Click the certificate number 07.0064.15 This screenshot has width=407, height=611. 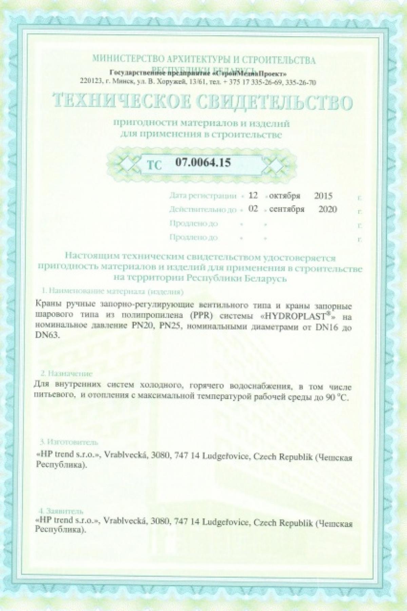point(203,163)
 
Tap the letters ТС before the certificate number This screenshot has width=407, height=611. point(154,164)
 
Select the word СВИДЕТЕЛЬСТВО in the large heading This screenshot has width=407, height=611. point(275,103)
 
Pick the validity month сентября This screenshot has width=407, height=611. point(287,209)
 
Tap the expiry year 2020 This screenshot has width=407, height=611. point(328,209)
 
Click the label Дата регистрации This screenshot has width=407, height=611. point(202,196)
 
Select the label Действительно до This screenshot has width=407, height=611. point(202,210)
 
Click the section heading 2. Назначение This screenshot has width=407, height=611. point(66,374)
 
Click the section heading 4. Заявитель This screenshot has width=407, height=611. point(61,511)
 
